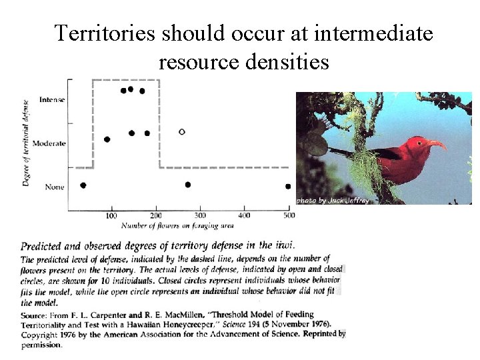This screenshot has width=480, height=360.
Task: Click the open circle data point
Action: click(182, 131)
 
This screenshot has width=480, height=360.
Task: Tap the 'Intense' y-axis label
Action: click(52, 100)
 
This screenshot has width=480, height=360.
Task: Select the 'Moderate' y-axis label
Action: click(49, 143)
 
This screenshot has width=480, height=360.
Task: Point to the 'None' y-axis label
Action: click(55, 187)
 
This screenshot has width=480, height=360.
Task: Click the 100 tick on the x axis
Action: click(111, 215)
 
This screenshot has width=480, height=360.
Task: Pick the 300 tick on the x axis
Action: click(199, 215)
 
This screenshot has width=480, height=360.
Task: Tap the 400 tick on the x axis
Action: click(244, 215)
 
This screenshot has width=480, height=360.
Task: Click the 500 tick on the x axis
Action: click(288, 215)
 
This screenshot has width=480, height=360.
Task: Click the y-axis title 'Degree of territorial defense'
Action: click(26, 143)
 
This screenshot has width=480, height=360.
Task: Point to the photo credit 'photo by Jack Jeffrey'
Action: click(333, 200)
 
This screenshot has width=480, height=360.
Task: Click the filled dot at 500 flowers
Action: click(288, 187)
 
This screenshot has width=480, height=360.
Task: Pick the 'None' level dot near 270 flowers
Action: click(187, 185)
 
